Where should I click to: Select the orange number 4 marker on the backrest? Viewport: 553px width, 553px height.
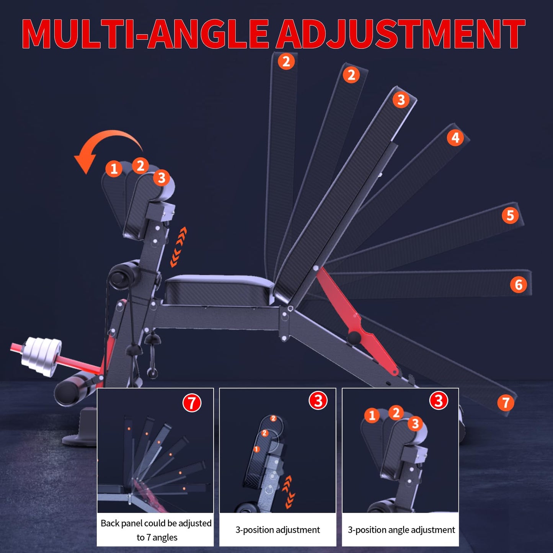[x=455, y=138]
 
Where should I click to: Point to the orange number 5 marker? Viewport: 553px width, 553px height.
[x=510, y=215]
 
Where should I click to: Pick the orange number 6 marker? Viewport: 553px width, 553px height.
[x=518, y=284]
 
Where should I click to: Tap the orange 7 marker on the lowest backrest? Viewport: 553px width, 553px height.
[x=506, y=402]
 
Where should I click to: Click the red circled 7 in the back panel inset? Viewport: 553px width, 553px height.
[x=192, y=403]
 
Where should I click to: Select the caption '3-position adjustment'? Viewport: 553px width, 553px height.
[x=277, y=530]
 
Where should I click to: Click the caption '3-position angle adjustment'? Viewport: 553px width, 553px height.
[x=401, y=530]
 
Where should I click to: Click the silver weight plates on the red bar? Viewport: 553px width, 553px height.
[x=42, y=356]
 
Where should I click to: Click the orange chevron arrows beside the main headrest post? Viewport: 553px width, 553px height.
[x=178, y=247]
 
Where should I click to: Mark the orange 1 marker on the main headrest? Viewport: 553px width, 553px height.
[x=114, y=169]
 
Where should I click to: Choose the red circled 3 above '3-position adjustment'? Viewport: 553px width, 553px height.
[x=318, y=400]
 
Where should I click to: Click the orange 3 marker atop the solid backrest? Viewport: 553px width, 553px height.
[x=401, y=100]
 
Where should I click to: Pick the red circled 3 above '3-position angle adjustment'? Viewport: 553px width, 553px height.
[x=439, y=400]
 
